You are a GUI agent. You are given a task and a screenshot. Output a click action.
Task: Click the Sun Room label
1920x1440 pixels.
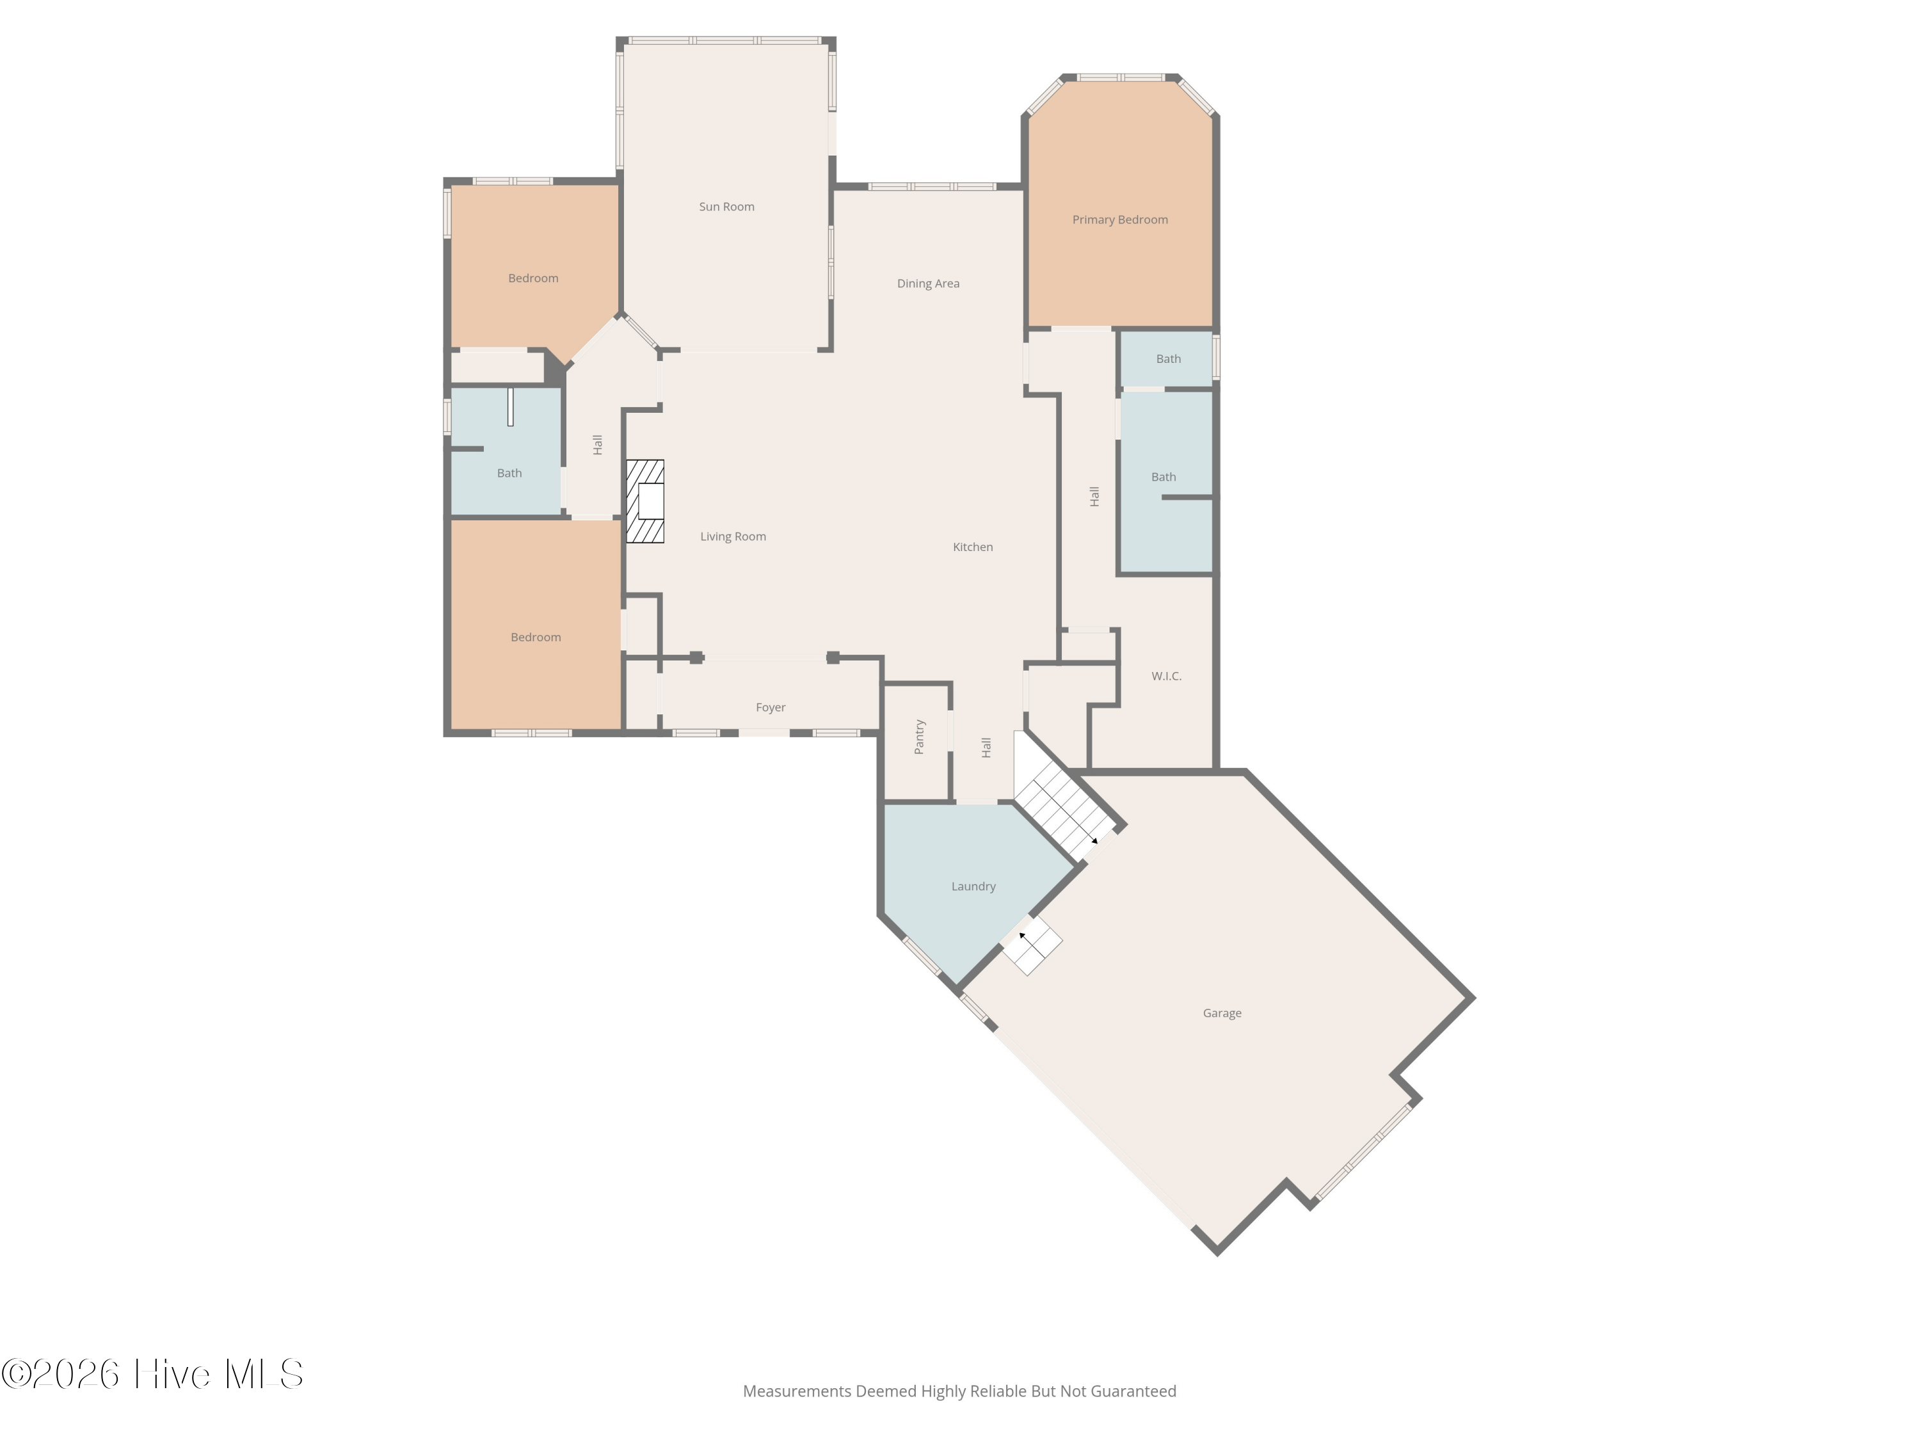726,207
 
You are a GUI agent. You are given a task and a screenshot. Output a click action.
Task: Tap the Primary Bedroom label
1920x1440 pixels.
1120,220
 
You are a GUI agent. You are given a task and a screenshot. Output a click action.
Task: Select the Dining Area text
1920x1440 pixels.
928,283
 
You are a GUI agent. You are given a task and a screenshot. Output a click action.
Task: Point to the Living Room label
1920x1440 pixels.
733,536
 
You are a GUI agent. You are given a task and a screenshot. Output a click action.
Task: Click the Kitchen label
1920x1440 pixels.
972,547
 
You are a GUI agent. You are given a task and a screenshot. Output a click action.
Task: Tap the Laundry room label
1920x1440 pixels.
973,886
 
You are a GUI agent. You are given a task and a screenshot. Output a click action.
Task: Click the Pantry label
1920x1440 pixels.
919,737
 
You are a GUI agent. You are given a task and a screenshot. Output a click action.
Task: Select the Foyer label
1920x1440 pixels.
770,707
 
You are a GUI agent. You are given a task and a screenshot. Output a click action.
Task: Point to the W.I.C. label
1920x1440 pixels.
1165,676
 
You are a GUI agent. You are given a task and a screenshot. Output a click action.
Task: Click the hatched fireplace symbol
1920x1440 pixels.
645,502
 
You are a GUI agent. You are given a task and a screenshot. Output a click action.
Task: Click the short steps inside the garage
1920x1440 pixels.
1033,945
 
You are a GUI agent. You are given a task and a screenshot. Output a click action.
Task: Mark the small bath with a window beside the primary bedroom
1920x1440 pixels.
1167,358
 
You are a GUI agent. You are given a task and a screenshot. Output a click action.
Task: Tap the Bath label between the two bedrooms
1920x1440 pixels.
509,473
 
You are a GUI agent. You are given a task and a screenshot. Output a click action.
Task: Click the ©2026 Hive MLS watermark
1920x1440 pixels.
153,1374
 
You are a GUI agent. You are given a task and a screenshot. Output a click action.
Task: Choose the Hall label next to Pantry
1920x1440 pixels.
986,748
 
